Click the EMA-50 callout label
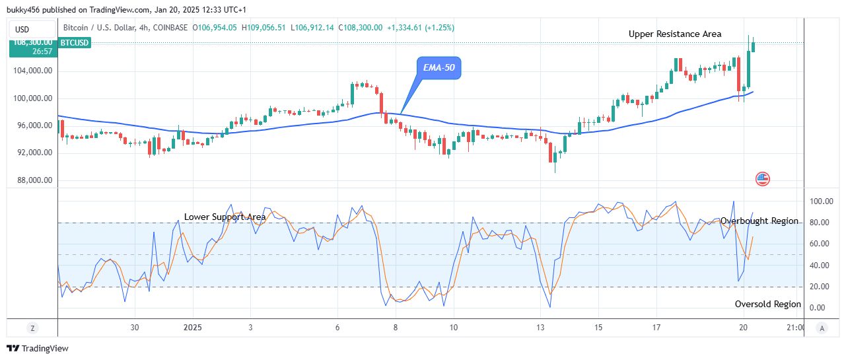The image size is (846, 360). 438,67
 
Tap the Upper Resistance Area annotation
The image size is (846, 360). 675,34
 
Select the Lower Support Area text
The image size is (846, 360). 225,217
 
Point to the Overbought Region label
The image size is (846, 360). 759,221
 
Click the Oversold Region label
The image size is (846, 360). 767,305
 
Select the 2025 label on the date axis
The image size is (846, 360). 193,328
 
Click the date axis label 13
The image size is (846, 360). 540,328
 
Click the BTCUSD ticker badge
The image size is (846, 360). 75,43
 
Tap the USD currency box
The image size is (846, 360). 22,29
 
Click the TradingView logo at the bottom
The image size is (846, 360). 38,348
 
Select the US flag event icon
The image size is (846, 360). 763,178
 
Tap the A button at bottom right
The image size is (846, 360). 822,328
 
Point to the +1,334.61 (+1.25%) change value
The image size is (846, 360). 421,28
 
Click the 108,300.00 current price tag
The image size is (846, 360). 33,42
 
